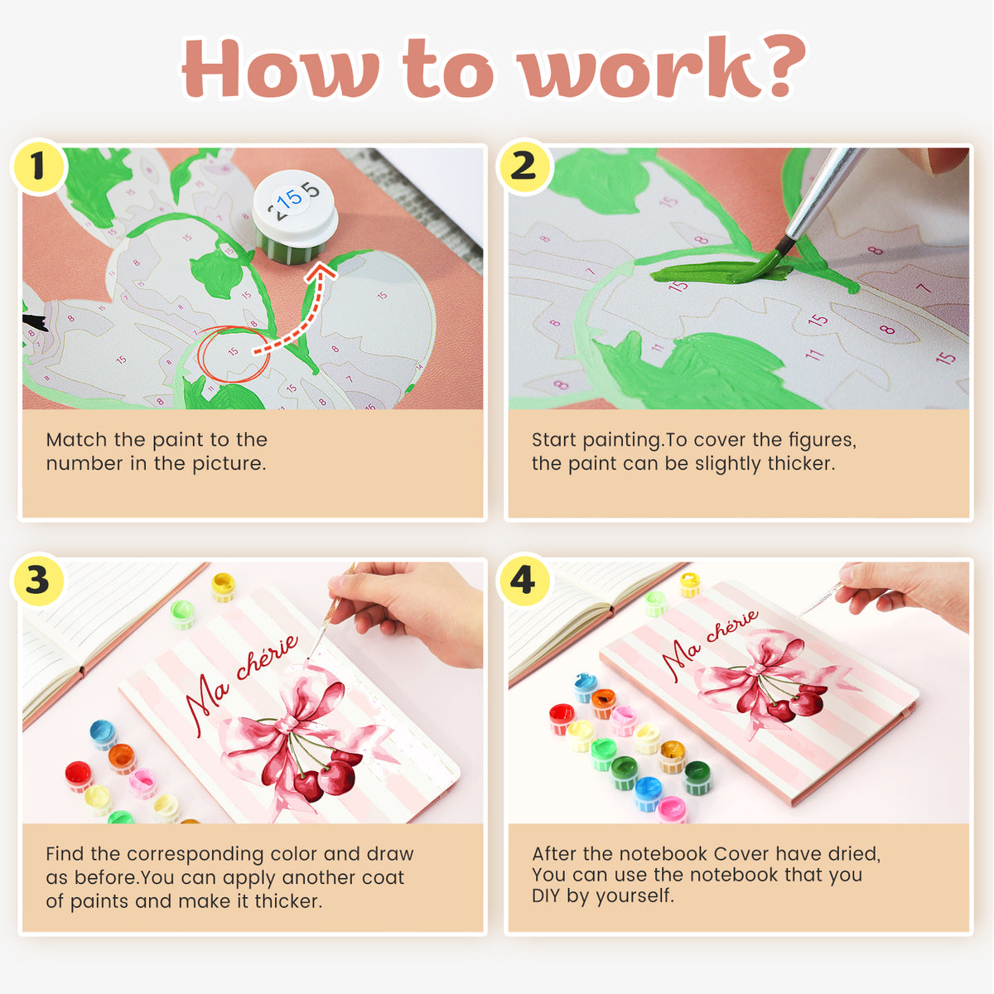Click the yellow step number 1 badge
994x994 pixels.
(38, 166)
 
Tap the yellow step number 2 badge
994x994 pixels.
(524, 166)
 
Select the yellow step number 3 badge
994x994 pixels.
(38, 581)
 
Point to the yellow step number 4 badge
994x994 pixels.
(524, 581)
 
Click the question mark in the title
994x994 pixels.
(774, 65)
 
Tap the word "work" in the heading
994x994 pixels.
(630, 67)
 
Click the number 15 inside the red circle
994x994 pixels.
(233, 351)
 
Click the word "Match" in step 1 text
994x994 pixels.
(77, 440)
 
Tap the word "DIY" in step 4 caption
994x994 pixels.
(546, 895)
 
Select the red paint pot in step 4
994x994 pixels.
(562, 719)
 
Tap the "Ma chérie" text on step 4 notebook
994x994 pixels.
(710, 644)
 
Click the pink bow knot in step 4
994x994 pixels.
(757, 669)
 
